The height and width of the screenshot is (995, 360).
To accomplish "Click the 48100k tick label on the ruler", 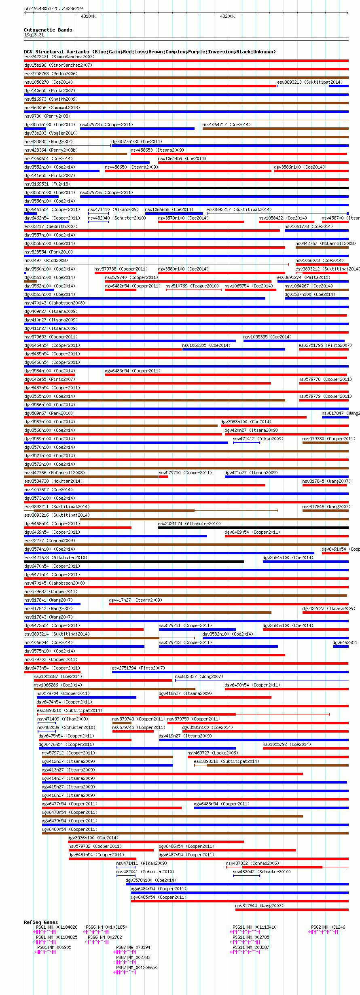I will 88,16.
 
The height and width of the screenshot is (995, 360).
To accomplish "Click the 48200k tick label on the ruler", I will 227,16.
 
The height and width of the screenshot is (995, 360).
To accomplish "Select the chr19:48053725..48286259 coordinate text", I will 53,8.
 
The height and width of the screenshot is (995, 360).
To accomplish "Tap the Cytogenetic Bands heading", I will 48,30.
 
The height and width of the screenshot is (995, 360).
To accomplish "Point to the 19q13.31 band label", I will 34,35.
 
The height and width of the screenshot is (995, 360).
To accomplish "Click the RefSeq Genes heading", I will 41,922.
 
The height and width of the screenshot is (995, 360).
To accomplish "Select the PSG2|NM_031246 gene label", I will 328,927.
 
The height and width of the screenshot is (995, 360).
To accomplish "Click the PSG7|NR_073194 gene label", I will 133,947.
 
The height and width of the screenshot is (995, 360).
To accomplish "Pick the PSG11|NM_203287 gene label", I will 251,947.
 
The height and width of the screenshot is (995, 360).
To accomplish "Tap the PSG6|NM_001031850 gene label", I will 106,927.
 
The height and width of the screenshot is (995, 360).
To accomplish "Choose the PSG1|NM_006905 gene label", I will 54,947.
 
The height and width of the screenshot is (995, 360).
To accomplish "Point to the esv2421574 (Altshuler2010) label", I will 189,524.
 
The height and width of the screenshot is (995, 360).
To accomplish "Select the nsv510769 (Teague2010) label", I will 192,286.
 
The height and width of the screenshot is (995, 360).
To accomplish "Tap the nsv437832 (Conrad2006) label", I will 252,863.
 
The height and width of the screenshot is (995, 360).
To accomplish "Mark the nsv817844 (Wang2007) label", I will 259,906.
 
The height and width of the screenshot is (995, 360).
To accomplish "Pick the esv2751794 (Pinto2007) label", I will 138,668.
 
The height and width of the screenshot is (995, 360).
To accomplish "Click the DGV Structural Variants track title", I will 150,52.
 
